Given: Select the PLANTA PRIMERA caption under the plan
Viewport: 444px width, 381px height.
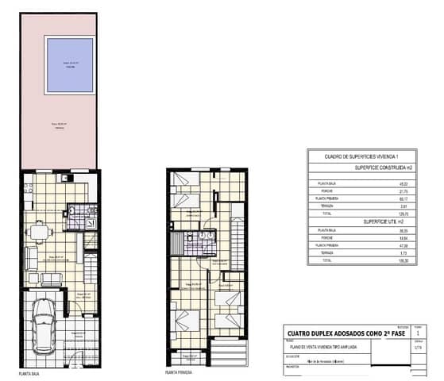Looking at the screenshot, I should pyautogui.click(x=180, y=371).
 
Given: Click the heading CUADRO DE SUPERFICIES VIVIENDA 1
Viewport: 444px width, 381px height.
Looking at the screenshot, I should pyautogui.click(x=358, y=158).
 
